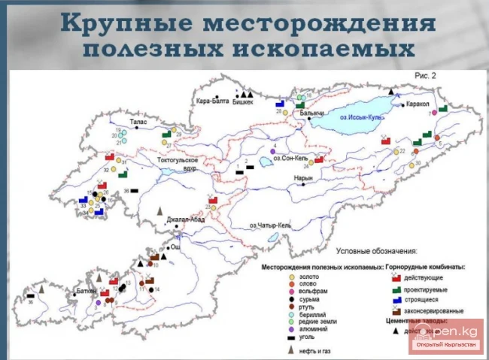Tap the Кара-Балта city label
210,100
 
